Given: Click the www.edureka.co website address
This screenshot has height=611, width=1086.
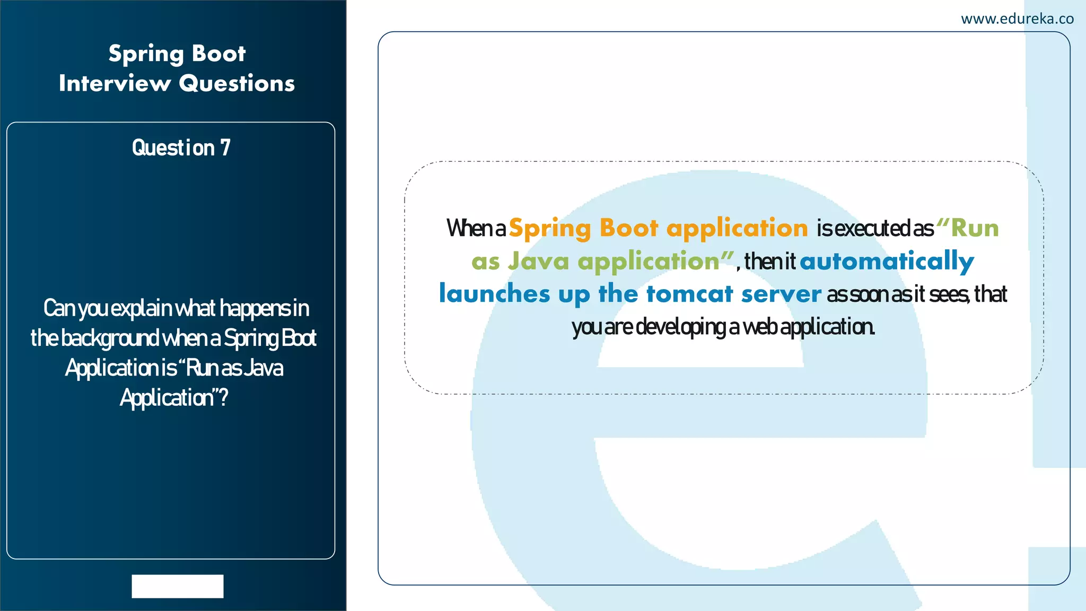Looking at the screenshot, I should pos(1017,19).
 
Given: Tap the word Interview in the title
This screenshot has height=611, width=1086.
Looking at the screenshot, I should pos(115,83).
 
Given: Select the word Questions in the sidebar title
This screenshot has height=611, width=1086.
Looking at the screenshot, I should pos(237,83).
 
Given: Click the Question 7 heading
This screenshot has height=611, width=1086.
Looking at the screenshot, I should pos(181,147).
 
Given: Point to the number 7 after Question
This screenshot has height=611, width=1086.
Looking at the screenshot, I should pos(225,147).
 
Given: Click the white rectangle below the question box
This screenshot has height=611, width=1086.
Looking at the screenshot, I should pos(178,586).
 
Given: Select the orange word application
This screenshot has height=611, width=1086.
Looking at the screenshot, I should pos(737,228).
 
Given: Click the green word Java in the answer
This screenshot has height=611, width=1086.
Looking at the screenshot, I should pos(538,261).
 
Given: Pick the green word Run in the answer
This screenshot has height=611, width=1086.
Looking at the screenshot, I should pos(975,228).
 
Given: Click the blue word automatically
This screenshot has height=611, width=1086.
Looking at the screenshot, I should pos(887,261).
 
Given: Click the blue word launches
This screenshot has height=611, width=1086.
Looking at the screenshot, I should pos(494,294).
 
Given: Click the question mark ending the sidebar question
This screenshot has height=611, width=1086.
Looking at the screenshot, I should pos(223,397).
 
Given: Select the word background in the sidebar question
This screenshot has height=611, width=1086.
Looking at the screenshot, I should pos(110,338).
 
